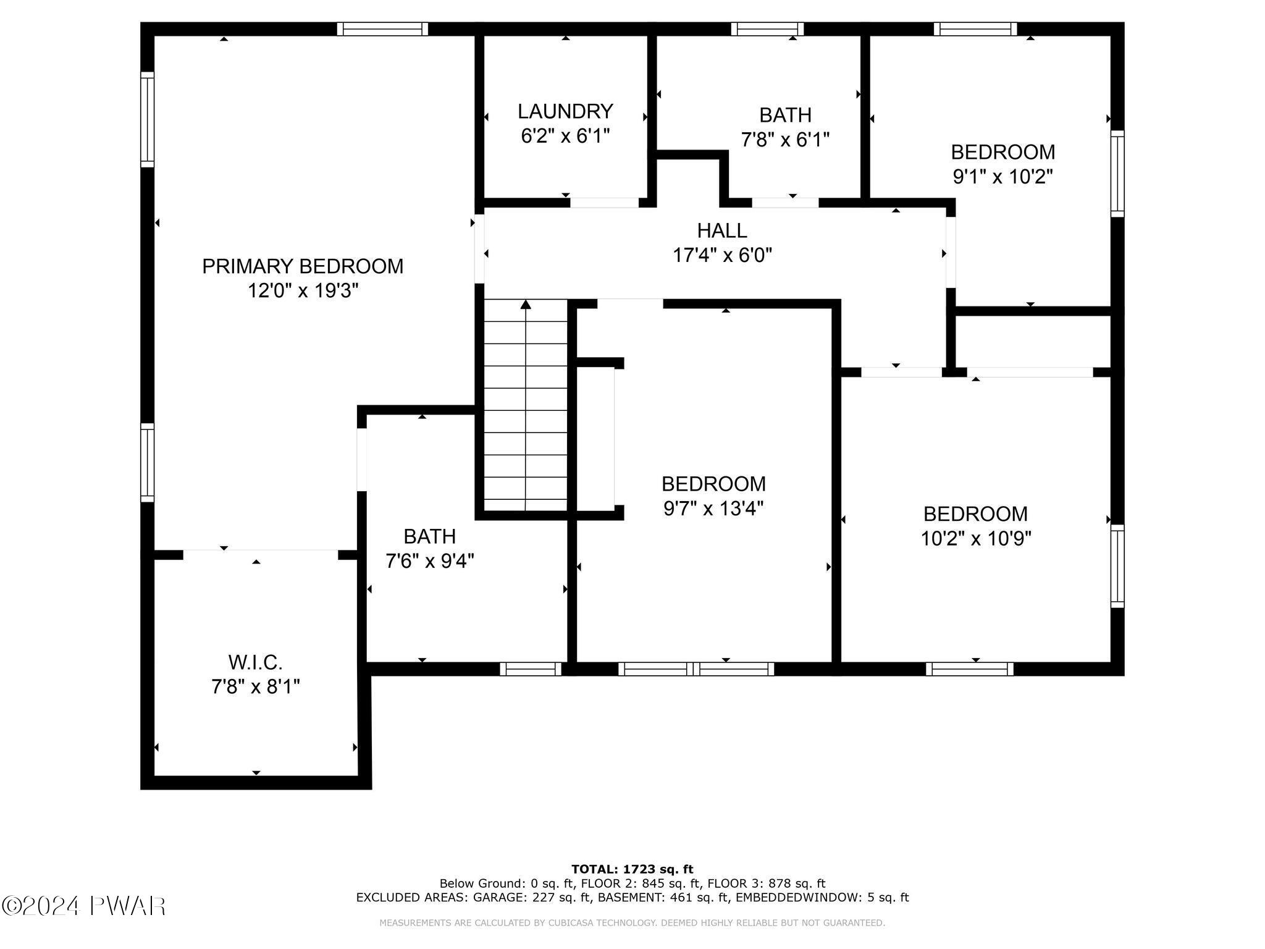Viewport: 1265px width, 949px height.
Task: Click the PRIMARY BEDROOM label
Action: pos(303,266)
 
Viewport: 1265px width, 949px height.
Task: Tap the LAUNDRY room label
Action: pos(565,111)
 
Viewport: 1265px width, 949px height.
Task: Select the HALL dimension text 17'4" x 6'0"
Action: pos(722,255)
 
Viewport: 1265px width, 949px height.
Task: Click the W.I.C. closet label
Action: pos(255,663)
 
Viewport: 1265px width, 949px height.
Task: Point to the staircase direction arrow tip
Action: pos(526,303)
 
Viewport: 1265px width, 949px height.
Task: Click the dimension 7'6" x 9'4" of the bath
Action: pos(430,561)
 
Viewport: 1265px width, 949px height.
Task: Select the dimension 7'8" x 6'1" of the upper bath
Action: pos(785,140)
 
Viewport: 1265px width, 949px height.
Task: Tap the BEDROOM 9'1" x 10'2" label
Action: pos(1002,152)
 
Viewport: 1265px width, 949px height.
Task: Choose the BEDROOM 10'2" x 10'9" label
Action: pos(975,514)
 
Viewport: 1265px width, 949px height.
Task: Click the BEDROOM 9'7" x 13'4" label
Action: pos(713,484)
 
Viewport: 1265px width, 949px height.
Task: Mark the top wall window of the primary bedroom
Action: pos(382,29)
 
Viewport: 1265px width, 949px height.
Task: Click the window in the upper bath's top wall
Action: pos(767,29)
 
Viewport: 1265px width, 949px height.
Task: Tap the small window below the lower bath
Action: pos(531,669)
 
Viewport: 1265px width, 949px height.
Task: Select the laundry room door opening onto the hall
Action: pos(604,203)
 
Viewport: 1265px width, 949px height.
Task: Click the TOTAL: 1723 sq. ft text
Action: pos(632,869)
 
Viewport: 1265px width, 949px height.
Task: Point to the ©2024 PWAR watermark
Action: pos(83,906)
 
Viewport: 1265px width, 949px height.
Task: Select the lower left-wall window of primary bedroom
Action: pos(147,462)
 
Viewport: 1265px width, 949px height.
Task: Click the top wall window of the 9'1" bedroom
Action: pos(975,29)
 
